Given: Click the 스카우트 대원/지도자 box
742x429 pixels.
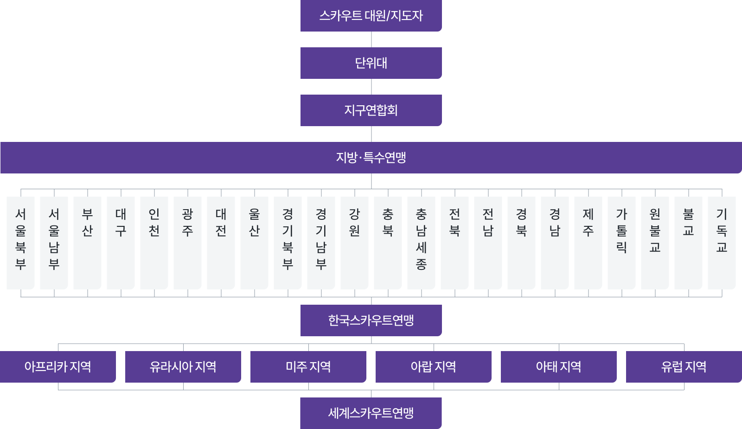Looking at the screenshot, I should (x=371, y=16).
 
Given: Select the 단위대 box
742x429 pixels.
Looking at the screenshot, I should (x=371, y=63).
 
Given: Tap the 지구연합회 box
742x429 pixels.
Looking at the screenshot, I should (x=371, y=110).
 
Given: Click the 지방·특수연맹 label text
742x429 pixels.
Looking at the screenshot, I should (x=371, y=158).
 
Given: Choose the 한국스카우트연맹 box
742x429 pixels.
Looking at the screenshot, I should (x=371, y=320).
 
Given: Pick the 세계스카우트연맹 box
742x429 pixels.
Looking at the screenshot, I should (x=371, y=413).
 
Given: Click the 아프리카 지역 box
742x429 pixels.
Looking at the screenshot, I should (x=58, y=367).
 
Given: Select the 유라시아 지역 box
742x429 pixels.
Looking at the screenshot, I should (x=183, y=367).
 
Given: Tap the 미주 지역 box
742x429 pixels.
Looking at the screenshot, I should (x=308, y=367).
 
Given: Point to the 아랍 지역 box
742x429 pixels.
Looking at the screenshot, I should (x=433, y=367).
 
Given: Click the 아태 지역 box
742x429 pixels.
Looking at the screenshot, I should (x=558, y=367).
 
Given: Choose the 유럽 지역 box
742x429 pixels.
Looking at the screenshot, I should (x=684, y=367).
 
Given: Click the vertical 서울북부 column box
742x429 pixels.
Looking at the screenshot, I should (x=20, y=243).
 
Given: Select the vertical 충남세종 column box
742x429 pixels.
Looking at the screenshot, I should (x=421, y=243).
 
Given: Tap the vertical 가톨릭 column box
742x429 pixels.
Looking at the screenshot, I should (x=621, y=243).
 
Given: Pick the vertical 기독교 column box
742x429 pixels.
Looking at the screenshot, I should (x=722, y=243).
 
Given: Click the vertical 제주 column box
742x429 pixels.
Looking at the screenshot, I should (x=588, y=243).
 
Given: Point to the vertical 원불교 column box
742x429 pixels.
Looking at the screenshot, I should (x=655, y=243).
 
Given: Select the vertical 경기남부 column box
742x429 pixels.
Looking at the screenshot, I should (x=321, y=243).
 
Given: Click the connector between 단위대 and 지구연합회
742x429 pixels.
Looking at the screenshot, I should (x=371, y=87).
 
